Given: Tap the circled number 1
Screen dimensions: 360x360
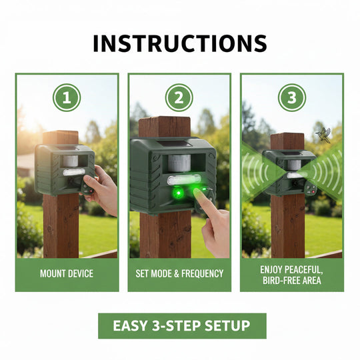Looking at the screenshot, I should (67, 99).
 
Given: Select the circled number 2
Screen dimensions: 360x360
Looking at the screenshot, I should (179, 99).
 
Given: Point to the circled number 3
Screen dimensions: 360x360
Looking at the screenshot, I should (291, 99).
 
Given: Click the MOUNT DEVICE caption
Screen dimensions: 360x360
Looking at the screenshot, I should (67, 273).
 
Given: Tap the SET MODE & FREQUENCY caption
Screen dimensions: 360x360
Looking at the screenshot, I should (179, 273).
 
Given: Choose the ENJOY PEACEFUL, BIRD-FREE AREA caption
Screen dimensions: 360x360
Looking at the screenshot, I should (291, 273).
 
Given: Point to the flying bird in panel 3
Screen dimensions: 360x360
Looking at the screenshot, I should (324, 133).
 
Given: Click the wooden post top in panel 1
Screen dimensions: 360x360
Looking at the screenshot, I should (61, 137).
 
